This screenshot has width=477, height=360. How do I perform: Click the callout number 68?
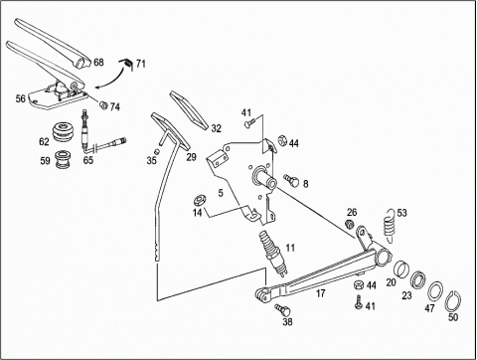98,63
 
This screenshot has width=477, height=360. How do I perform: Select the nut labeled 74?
103,105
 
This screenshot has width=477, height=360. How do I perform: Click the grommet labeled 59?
64,160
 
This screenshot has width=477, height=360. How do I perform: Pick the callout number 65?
88,160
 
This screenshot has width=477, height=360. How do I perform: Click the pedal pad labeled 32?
189,109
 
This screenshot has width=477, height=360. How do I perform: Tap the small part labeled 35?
158,151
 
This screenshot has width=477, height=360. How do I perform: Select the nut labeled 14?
200,200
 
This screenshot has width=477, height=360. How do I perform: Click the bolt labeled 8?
291,180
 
